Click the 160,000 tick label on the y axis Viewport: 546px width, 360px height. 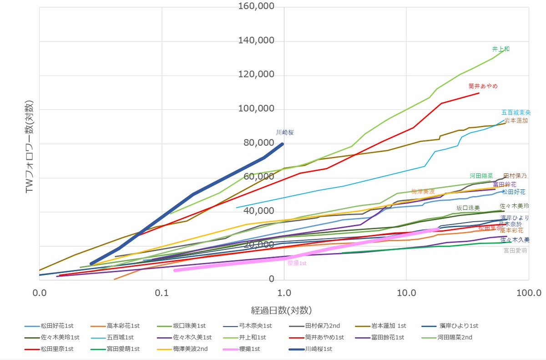click(x=257, y=7)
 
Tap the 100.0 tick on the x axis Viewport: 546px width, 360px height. click(x=528, y=293)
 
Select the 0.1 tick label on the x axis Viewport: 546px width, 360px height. click(x=162, y=293)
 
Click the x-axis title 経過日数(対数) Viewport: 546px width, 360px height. click(x=281, y=310)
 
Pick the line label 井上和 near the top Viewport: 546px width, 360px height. click(x=500, y=49)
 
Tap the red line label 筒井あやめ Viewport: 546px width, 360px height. click(x=483, y=86)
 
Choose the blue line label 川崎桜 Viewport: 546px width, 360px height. click(x=285, y=132)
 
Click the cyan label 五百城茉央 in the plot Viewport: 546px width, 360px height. click(x=516, y=112)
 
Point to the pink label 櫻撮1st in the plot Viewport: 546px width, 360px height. click(x=297, y=263)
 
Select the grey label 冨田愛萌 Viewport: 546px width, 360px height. click(x=515, y=250)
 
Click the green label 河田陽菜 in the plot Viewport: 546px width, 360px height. click(x=481, y=176)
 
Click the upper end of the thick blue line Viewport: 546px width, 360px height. click(x=282, y=144)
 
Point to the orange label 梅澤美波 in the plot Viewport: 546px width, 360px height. click(x=423, y=192)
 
